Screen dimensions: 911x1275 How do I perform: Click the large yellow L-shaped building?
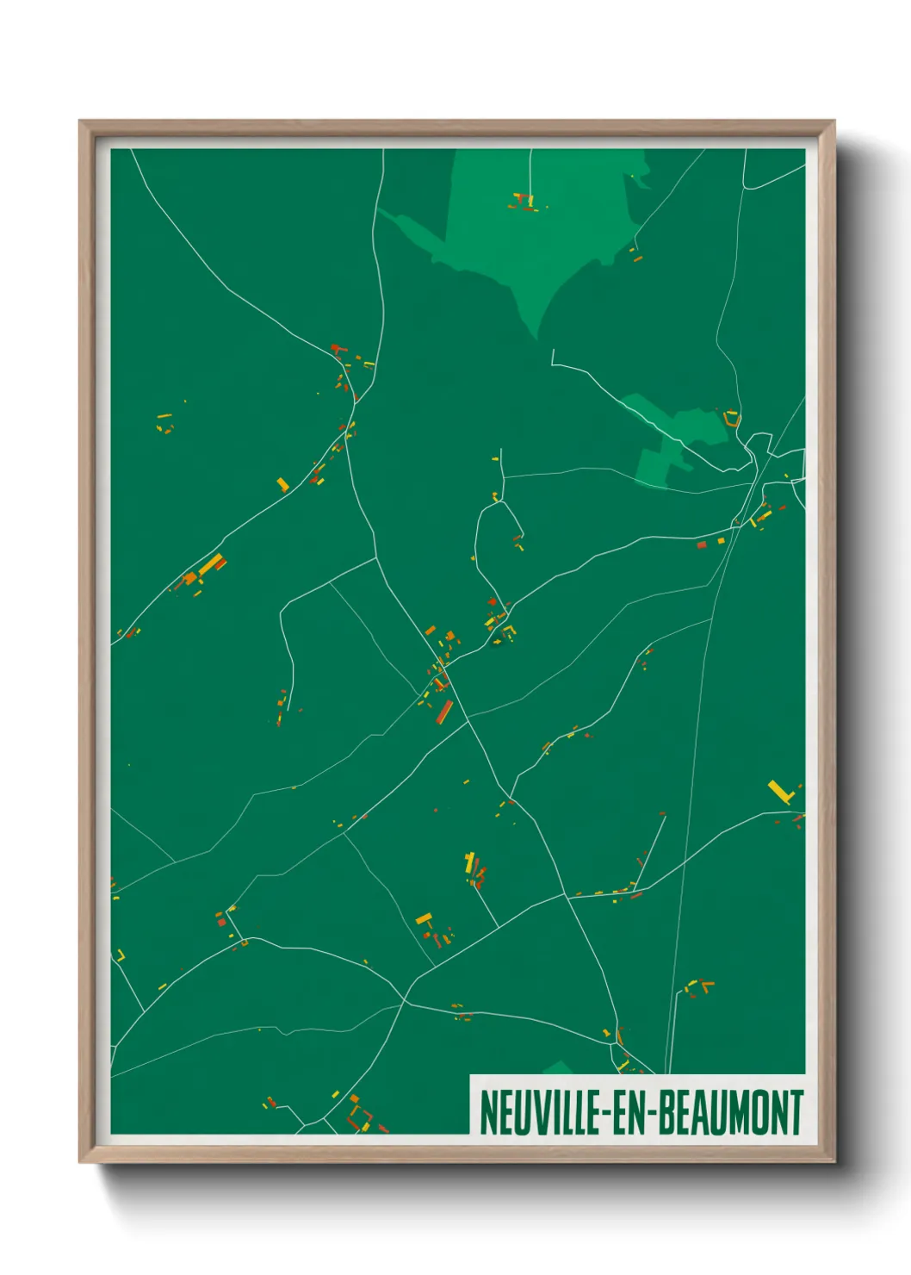coord(779,791)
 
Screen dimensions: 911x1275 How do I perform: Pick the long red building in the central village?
coord(445,712)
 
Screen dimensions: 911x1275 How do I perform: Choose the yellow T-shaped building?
coord(423,920)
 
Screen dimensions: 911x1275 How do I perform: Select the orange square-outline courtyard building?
coord(360,1117)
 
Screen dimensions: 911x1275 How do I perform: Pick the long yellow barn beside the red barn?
coord(209,564)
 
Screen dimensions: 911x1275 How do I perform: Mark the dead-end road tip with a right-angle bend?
coord(554,353)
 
